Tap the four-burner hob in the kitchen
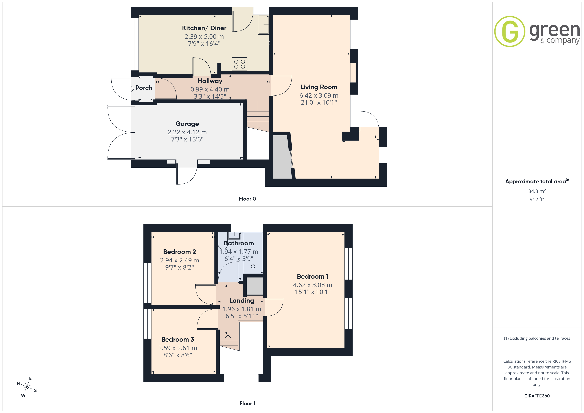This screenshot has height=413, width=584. click(239, 64)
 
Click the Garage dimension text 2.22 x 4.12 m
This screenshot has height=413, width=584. click(187, 132)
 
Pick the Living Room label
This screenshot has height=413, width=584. click(319, 87)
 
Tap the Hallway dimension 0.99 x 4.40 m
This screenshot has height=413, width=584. click(210, 90)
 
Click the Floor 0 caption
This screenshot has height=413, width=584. click(247, 199)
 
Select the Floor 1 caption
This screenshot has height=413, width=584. click(247, 403)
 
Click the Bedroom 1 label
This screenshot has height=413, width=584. click(313, 276)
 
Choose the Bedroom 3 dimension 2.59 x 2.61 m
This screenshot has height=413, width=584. click(178, 348)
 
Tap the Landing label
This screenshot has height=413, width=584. click(242, 301)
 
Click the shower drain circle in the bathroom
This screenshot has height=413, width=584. click(253, 267)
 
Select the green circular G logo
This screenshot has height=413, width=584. click(510, 32)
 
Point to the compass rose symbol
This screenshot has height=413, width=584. click(27, 387)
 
